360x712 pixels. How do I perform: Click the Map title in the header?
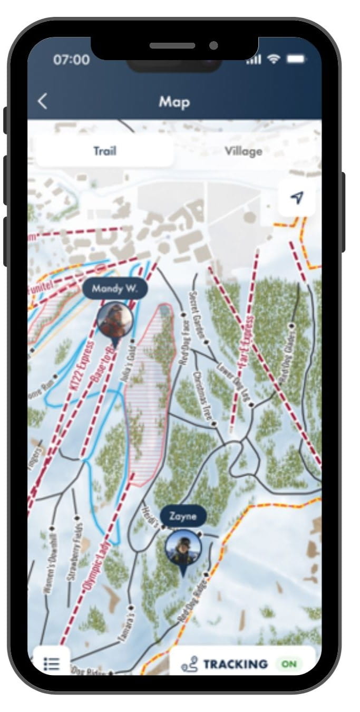174,101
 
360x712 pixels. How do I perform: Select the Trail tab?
104,151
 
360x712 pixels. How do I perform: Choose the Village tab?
243,151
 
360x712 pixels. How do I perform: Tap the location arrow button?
297,198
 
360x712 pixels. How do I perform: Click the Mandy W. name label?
115,288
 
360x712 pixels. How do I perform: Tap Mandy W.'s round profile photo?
115,320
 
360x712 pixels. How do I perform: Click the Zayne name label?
183,516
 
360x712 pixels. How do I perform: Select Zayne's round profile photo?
183,549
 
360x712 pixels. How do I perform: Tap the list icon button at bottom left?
51,663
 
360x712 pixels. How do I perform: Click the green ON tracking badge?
289,664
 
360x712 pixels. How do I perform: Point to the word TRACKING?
236,664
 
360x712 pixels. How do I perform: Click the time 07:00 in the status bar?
71,60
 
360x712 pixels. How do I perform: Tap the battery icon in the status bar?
296,60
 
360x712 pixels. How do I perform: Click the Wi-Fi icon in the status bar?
274,60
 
